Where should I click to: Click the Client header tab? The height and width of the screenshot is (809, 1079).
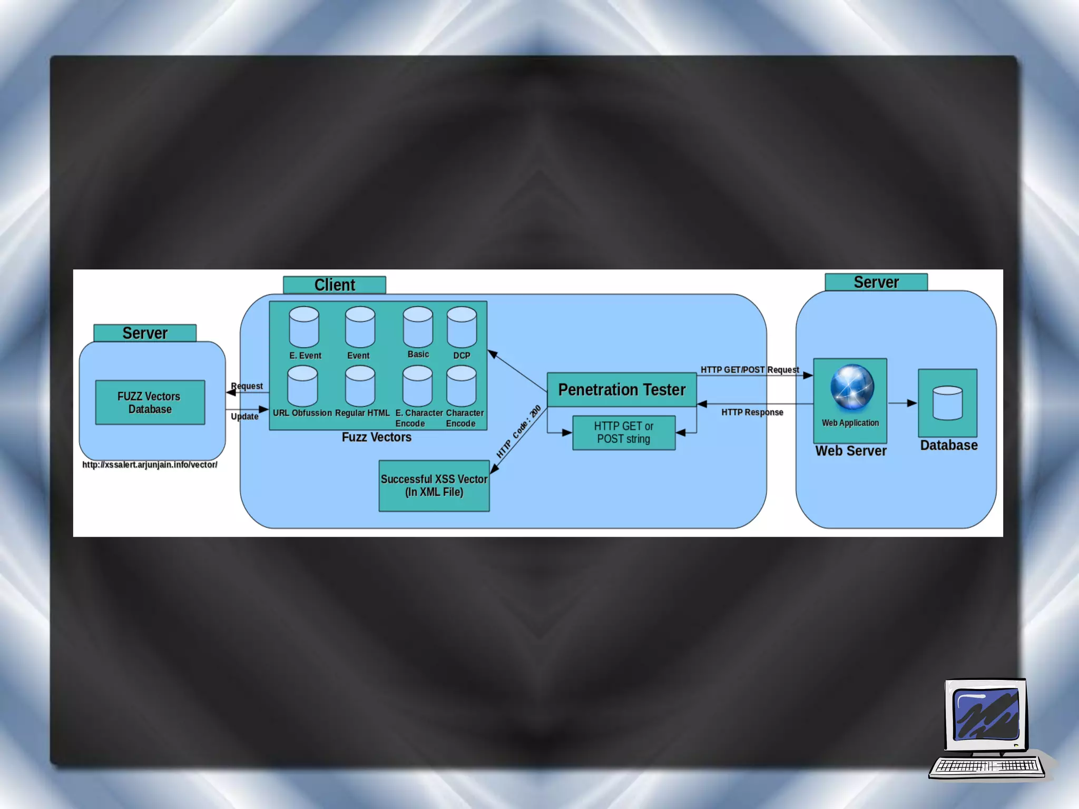pos(334,285)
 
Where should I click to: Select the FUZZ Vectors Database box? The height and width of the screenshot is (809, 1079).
pos(150,402)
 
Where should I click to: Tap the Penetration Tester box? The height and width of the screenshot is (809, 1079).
pos(622,390)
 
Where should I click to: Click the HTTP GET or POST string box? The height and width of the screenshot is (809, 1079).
pos(624,432)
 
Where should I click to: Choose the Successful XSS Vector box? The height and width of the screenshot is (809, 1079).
pos(434,486)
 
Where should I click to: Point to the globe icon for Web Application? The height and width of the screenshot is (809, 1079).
pos(851,387)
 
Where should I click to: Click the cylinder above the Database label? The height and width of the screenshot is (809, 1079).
pos(947,403)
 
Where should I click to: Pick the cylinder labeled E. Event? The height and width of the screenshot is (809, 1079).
pos(304,327)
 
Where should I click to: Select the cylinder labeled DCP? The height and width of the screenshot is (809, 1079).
pos(462,327)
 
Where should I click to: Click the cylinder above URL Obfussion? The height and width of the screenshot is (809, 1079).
pos(302,386)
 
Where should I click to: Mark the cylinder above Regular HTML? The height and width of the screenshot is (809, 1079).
pos(360,386)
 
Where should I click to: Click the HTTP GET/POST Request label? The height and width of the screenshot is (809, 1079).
pos(749,370)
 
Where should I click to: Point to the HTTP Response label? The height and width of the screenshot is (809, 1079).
pos(752,412)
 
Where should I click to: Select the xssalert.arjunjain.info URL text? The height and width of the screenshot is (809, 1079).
pos(150,465)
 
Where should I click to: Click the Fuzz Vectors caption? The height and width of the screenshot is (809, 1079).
pos(376,437)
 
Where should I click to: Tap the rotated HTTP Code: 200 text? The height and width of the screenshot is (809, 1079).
pos(518,431)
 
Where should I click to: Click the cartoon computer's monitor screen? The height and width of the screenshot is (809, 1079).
pos(986,715)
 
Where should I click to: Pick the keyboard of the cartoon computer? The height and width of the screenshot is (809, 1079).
pos(987,766)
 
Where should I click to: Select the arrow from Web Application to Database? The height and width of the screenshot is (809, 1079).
pos(903,403)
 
